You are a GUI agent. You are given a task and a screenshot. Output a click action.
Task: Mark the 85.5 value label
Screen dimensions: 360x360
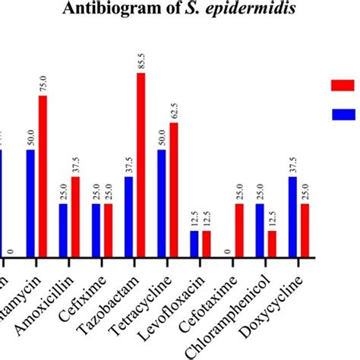[141, 61]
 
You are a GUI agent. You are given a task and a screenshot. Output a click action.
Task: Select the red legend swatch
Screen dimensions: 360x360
[344, 85]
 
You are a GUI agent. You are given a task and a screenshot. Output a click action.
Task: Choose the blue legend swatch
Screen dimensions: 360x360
[344, 114]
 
